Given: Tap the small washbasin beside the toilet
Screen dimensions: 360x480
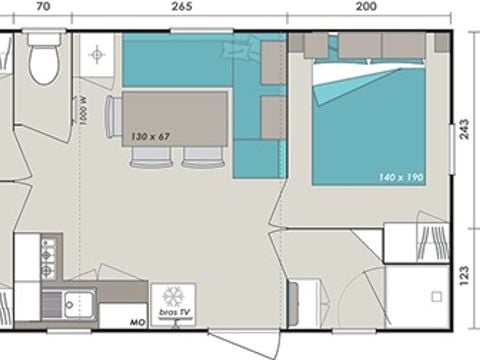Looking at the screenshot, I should [99, 54].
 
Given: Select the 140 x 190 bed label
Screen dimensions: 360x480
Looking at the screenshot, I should [400, 177].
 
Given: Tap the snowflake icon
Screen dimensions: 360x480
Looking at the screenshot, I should [174, 298].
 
